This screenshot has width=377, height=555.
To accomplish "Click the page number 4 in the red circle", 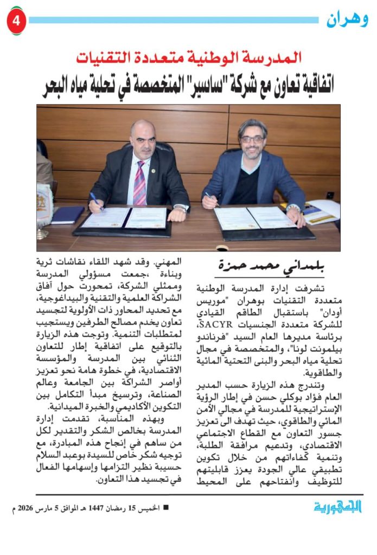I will click(16, 21).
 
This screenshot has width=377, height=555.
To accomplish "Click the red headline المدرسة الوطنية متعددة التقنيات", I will click(188, 56).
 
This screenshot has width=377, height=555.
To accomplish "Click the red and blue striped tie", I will click(139, 182).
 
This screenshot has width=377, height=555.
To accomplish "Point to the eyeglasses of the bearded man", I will click(252, 139).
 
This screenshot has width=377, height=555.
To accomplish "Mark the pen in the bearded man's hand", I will click(210, 199).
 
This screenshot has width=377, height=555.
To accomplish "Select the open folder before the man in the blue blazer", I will click(258, 219).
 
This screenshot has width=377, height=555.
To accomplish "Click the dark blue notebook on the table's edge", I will click(67, 215).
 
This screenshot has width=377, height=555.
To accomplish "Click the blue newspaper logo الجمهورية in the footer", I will click(337, 506).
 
